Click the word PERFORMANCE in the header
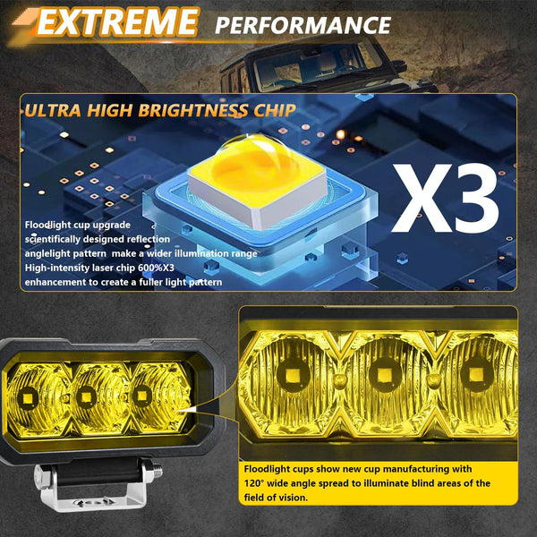coord(303,24)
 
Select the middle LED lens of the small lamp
coord(88,395)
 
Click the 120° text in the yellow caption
coord(254,483)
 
